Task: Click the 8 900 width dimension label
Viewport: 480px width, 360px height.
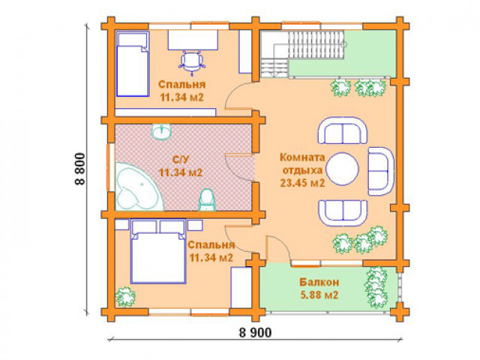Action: pyautogui.click(x=255, y=332)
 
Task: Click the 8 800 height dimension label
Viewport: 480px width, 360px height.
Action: pyautogui.click(x=80, y=168)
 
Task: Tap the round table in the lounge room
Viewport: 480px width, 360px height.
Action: pyautogui.click(x=342, y=169)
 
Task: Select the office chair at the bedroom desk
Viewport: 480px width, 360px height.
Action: pyautogui.click(x=192, y=62)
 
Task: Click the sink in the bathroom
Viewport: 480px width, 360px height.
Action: pyautogui.click(x=162, y=132)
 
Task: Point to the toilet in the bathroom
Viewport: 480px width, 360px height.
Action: pyautogui.click(x=207, y=200)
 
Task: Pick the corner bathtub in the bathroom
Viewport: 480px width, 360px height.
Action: pyautogui.click(x=138, y=187)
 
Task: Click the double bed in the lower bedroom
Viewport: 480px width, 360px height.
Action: pyautogui.click(x=158, y=251)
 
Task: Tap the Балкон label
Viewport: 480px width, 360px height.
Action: pyautogui.click(x=319, y=282)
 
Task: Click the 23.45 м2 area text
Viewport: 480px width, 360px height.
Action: pyautogui.click(x=302, y=183)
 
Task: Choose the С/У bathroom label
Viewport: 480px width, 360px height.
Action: pyautogui.click(x=181, y=160)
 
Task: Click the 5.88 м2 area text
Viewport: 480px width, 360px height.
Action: pyautogui.click(x=319, y=295)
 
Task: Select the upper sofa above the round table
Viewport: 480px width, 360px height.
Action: pyautogui.click(x=343, y=130)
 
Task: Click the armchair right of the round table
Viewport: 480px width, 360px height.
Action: pyautogui.click(x=381, y=171)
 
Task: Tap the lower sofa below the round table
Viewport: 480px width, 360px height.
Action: pyautogui.click(x=343, y=213)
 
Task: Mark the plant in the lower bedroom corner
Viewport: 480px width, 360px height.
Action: pyautogui.click(x=125, y=296)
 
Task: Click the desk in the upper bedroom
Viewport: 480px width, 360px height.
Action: pyautogui.click(x=193, y=40)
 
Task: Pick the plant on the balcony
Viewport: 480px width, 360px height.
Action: pyautogui.click(x=376, y=283)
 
